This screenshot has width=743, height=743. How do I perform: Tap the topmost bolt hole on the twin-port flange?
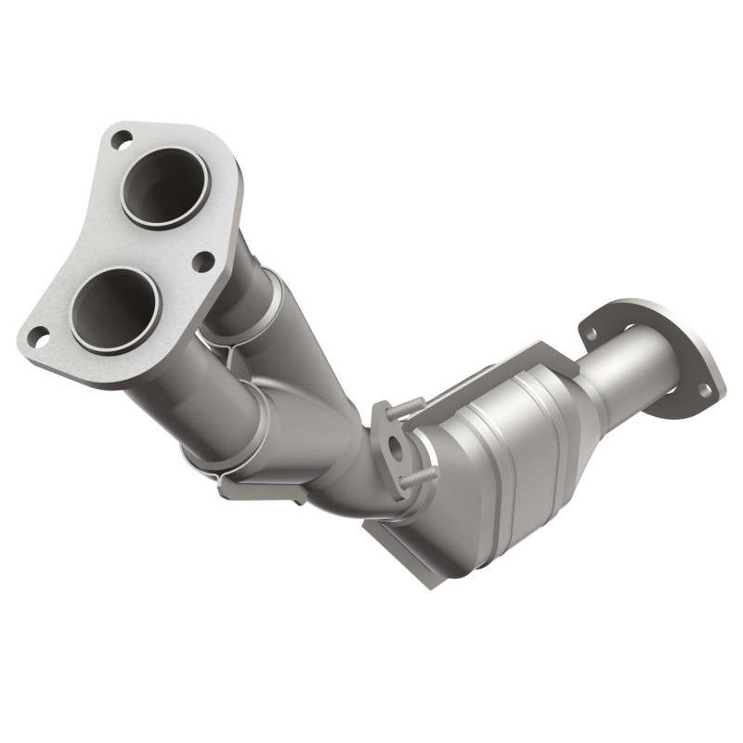point(121,140)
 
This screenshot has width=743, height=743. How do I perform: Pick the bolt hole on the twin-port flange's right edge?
point(202,262)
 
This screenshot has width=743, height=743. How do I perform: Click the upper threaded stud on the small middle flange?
point(407,407)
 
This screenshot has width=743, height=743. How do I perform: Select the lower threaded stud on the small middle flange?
point(420,476)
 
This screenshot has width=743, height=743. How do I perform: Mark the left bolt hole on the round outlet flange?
point(591,328)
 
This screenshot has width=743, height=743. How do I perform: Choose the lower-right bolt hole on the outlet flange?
point(705,391)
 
